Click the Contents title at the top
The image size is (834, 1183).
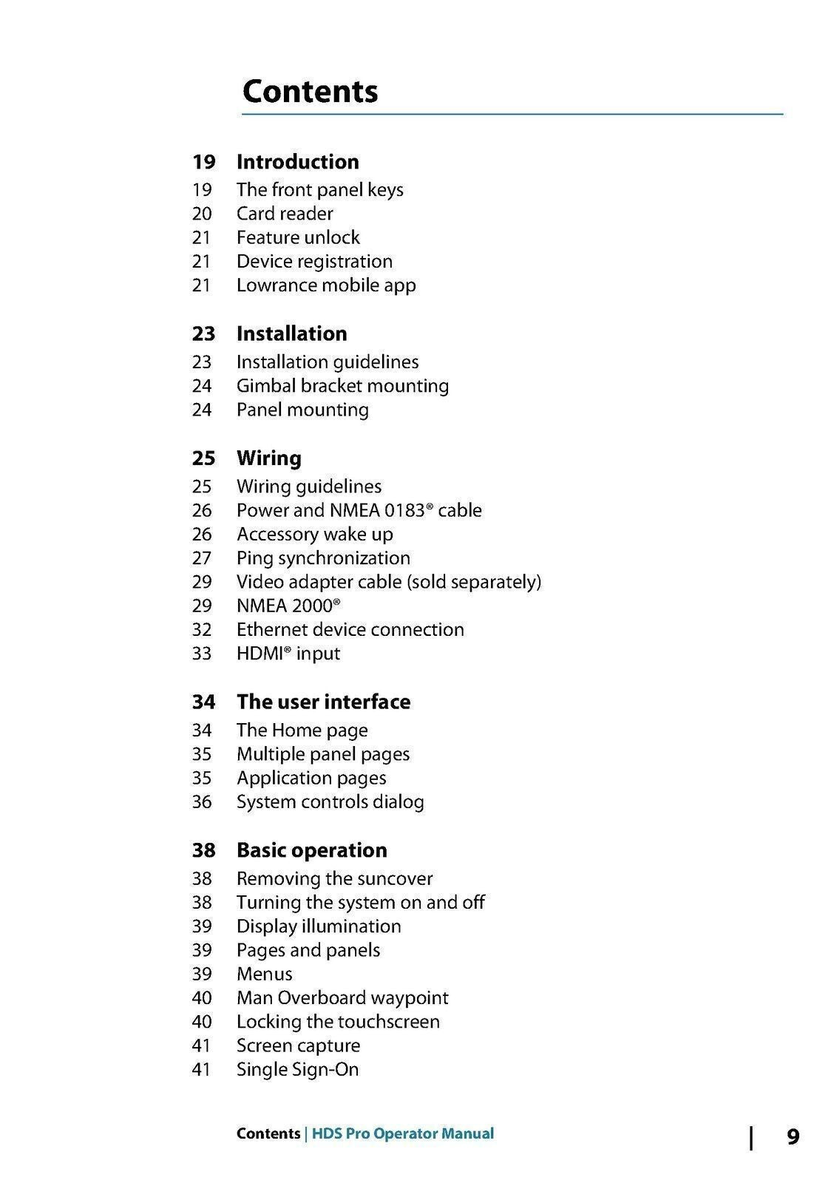(x=310, y=91)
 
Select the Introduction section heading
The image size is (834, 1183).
(x=297, y=162)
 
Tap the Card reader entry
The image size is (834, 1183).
(x=285, y=214)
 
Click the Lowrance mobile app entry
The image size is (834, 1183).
(x=326, y=285)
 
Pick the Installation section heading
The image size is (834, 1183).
(x=291, y=333)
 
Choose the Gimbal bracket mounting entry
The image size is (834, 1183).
(x=342, y=386)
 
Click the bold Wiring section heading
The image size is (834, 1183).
(x=268, y=458)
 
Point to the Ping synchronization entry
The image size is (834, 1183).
(x=323, y=558)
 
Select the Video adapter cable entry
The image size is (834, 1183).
(x=389, y=582)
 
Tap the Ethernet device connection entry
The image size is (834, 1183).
(x=350, y=630)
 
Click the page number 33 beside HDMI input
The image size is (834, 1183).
(x=202, y=654)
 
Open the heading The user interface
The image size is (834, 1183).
(x=323, y=702)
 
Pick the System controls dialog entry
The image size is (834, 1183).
(x=330, y=802)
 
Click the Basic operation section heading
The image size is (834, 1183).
(x=311, y=850)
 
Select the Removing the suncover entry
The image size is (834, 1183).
(x=334, y=879)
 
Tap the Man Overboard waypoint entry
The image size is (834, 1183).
(x=342, y=998)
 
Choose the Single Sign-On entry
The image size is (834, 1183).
(x=297, y=1070)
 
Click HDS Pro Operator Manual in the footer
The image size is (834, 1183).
(x=403, y=1133)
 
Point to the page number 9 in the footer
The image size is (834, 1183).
(x=793, y=1136)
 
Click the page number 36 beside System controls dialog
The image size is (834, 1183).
(x=202, y=802)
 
